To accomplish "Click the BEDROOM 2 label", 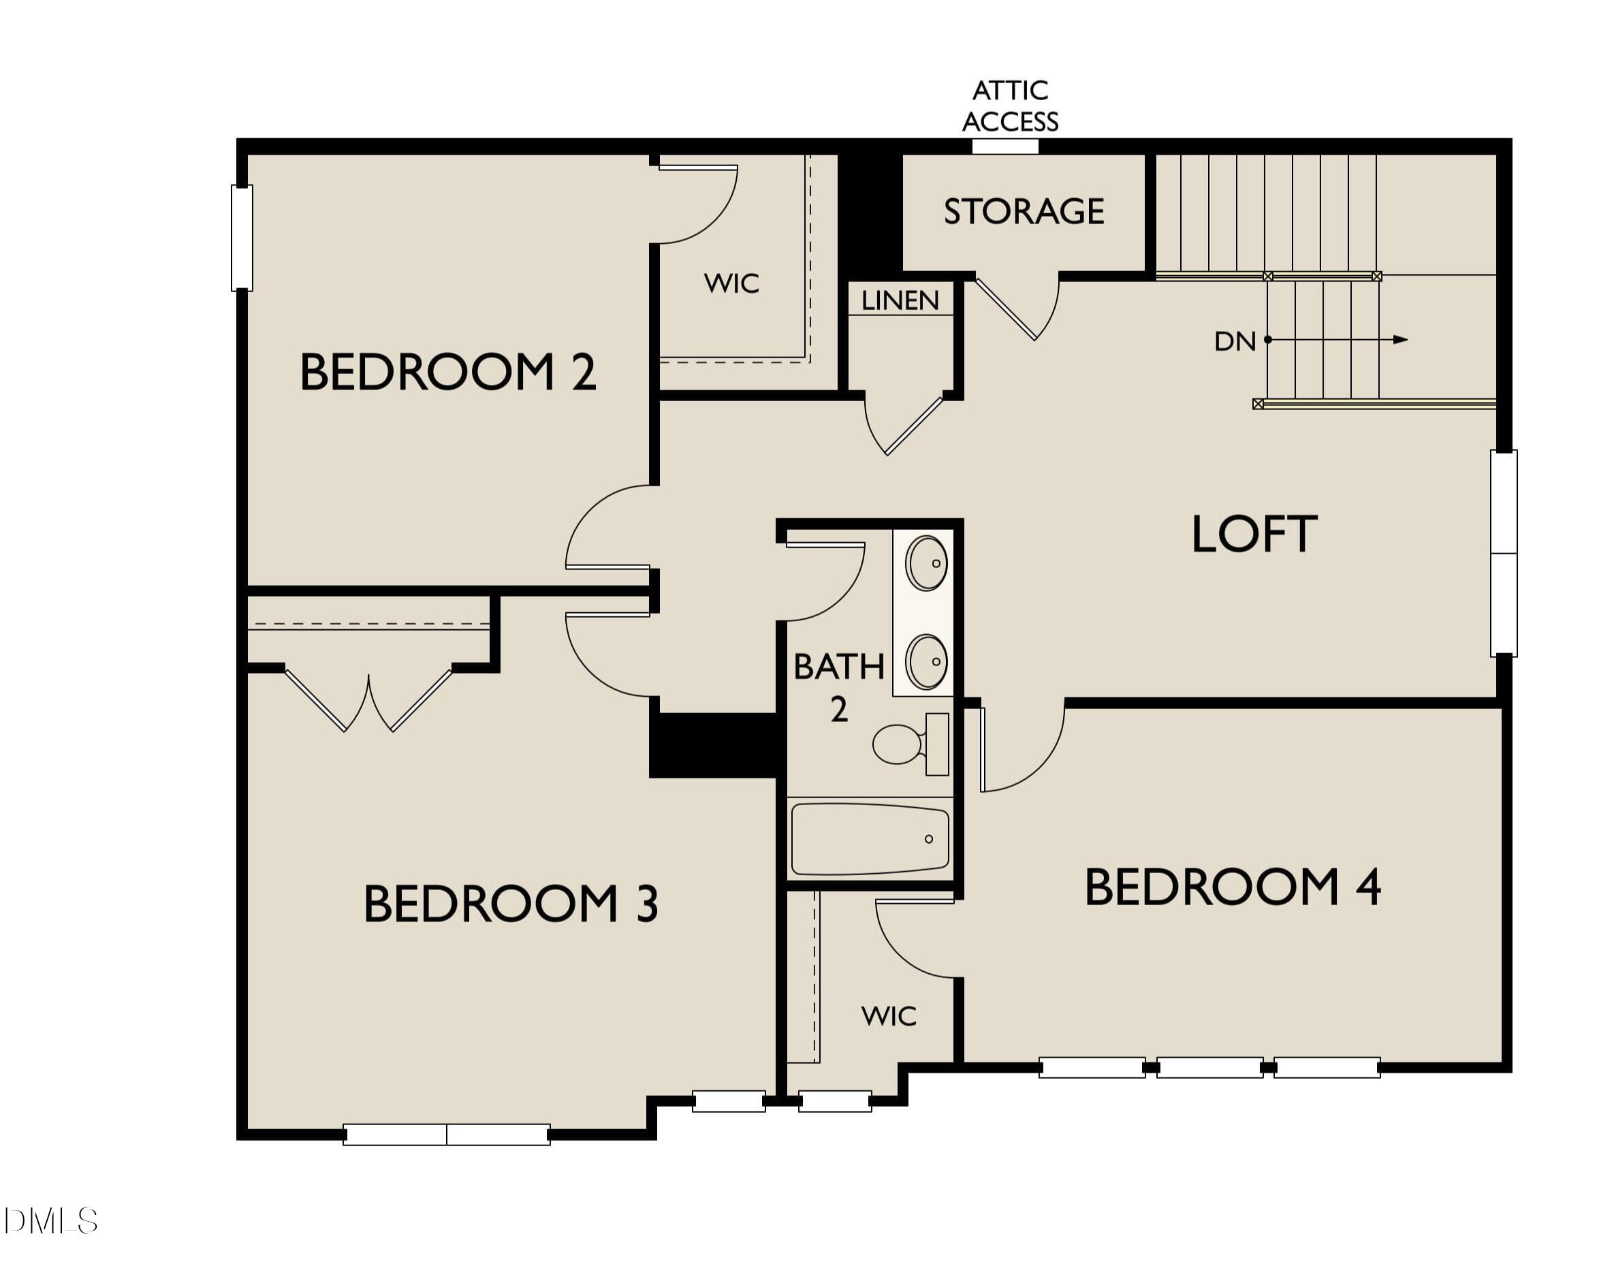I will (x=447, y=372).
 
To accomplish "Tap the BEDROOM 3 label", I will (x=510, y=904).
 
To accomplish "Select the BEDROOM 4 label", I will (x=1232, y=887).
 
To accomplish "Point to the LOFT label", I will (x=1254, y=534).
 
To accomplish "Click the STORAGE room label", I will (x=1024, y=211).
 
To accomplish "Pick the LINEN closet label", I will (x=900, y=300).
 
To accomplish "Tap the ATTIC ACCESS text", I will (x=1010, y=106).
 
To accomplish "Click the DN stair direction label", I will (x=1234, y=341).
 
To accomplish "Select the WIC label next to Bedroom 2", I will (x=731, y=283).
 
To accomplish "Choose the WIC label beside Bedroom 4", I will (x=889, y=1015).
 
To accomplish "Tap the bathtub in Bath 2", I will (x=869, y=839).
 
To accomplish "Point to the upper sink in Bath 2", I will (x=926, y=563).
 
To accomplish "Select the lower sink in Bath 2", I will (x=926, y=661).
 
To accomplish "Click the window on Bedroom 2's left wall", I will (x=242, y=238).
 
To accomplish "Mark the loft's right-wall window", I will (x=1504, y=553).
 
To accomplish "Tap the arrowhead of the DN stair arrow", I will (x=1400, y=340).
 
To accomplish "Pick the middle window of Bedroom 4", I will (x=1209, y=1067).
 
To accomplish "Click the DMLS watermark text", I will (x=50, y=1221).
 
